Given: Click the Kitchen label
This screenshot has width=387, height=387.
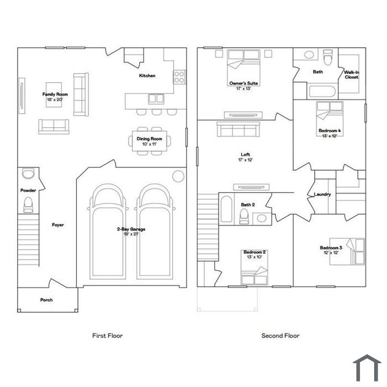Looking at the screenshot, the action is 147,76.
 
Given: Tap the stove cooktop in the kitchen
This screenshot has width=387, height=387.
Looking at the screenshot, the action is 180,77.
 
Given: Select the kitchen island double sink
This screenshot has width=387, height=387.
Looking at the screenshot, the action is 156,98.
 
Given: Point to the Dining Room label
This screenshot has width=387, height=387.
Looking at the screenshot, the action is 149,139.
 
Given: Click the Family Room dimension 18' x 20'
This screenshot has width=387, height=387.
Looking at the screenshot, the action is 55,100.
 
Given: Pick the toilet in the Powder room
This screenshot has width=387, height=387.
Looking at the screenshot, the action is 28,205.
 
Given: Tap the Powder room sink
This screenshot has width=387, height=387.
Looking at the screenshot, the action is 28,173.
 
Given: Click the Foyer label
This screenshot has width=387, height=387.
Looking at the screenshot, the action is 57,225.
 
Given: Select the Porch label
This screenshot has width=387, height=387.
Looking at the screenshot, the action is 46,300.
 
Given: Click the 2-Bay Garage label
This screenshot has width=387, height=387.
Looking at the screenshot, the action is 131,229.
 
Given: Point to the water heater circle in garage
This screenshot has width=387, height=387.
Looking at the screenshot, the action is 178,176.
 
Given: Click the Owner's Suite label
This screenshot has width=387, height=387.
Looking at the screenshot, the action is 244,83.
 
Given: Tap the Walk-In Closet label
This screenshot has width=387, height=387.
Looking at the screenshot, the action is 352,75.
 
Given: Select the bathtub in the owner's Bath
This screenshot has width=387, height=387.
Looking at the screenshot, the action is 322,91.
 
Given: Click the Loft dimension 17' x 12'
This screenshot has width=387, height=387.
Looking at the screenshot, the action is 245,160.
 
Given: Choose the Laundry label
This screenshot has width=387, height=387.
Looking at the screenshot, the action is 322,194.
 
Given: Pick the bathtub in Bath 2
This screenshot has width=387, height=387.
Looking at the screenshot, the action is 226,209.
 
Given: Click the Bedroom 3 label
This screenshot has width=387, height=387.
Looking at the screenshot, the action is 331,248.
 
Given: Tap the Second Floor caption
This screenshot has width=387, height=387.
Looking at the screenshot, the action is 280,336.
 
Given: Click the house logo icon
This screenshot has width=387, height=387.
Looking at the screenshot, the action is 367,368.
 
